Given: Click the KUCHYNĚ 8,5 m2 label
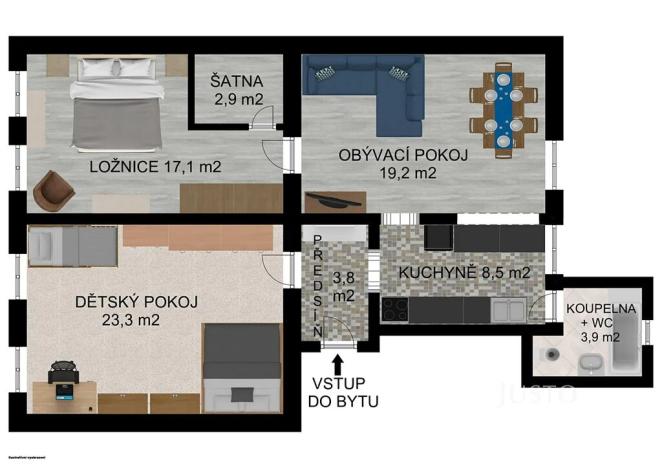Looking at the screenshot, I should click(464, 272).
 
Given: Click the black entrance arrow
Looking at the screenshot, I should click(337, 361).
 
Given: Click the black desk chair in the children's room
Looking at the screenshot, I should click(62, 374).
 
